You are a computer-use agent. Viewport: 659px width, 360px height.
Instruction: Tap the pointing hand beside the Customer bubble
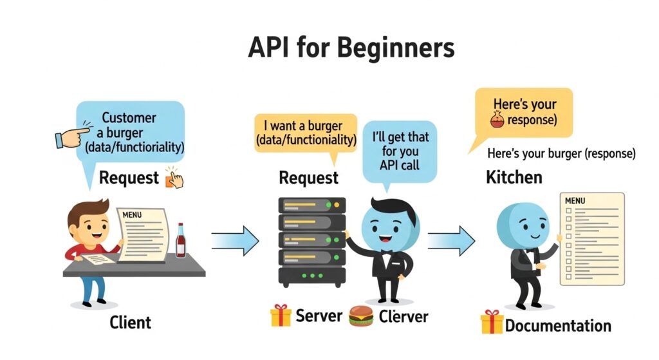point(72,136)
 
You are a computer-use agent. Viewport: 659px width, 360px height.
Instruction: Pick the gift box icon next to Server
point(281,316)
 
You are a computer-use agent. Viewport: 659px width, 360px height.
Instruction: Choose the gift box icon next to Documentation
point(491,321)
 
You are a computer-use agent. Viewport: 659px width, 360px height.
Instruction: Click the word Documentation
point(557,325)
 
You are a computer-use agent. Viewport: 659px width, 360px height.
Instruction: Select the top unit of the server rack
point(311,206)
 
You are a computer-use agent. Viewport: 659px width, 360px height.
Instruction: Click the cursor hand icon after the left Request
point(174,177)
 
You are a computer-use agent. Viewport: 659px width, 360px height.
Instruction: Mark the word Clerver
point(404,316)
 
